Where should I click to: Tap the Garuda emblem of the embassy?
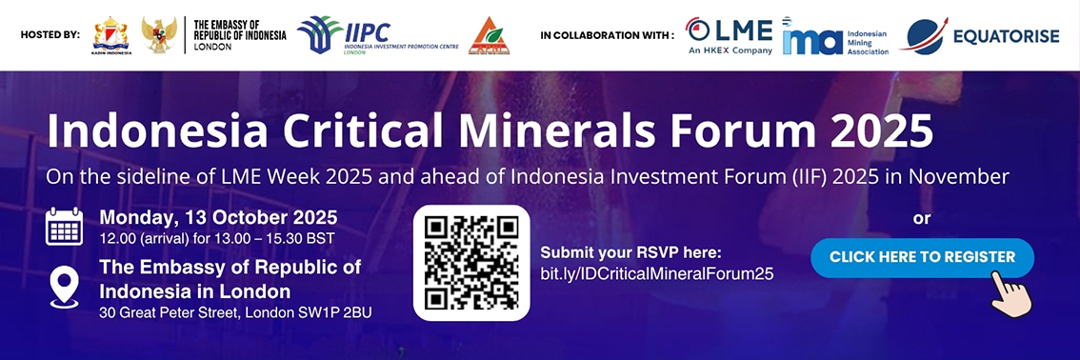coord(159,35)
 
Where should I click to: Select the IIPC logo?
coord(377,35)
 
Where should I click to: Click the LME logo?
coord(729,35)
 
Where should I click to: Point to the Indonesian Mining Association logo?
coord(835,35)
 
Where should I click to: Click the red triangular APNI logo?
coord(489,36)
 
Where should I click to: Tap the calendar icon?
coord(64,226)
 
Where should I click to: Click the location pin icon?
coord(64,288)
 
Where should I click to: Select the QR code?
coord(471,263)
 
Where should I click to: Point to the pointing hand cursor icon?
coord(1010,293)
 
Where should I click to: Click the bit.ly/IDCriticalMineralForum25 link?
coord(657,273)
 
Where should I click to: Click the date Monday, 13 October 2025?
coord(218,218)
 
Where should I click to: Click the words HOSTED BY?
coord(50,34)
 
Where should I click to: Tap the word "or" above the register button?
coord(922,219)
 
